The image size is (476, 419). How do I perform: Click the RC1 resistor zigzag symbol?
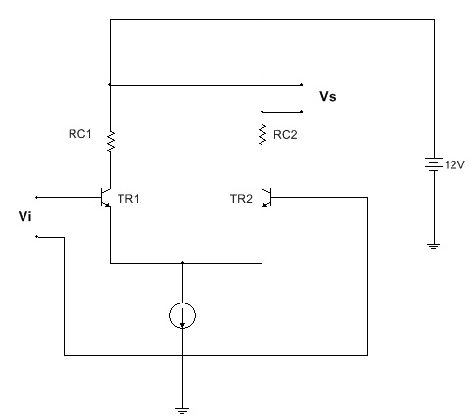[x=111, y=141]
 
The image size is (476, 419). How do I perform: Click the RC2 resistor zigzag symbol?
[x=262, y=134]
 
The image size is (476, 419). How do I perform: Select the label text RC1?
[x=80, y=134]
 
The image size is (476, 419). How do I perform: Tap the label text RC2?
[x=285, y=135]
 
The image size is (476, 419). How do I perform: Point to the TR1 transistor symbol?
[x=106, y=197]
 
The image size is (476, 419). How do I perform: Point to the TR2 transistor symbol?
[x=266, y=197]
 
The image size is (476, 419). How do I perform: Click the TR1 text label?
[x=128, y=199]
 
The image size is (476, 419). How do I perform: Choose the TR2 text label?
[x=241, y=199]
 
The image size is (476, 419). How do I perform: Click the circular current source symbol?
[x=182, y=315]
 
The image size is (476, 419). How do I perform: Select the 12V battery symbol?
[x=434, y=164]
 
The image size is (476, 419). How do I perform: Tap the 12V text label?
[x=454, y=165]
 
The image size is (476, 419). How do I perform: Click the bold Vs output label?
[x=328, y=97]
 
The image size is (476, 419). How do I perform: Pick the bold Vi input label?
[x=25, y=216]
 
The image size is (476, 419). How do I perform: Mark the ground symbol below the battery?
[x=434, y=246]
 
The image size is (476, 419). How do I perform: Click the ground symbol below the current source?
[x=182, y=411]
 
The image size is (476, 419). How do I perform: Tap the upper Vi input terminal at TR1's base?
[x=36, y=197]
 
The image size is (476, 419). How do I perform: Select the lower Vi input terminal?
[x=36, y=237]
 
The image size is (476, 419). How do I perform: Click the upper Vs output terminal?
[x=302, y=85]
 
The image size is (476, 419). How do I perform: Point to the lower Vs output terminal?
[x=302, y=112]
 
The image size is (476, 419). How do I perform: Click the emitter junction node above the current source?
[x=182, y=262]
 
